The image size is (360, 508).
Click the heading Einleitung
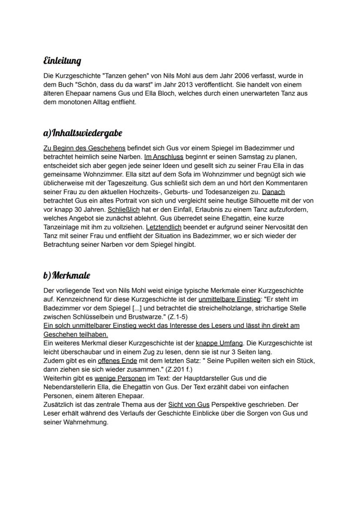tap(62, 60)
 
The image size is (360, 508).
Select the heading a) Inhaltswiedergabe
tap(83, 133)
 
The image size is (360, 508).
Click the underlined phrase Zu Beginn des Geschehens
tap(84, 148)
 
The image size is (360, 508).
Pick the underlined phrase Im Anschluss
tap(163, 156)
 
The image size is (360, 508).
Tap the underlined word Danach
tap(273, 192)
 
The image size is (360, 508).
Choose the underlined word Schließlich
tap(123, 209)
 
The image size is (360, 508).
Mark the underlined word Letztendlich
tap(163, 227)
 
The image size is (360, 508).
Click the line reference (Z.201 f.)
tap(186, 369)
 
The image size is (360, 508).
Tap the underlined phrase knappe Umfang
tap(219, 343)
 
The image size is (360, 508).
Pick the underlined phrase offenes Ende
tap(117, 361)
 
